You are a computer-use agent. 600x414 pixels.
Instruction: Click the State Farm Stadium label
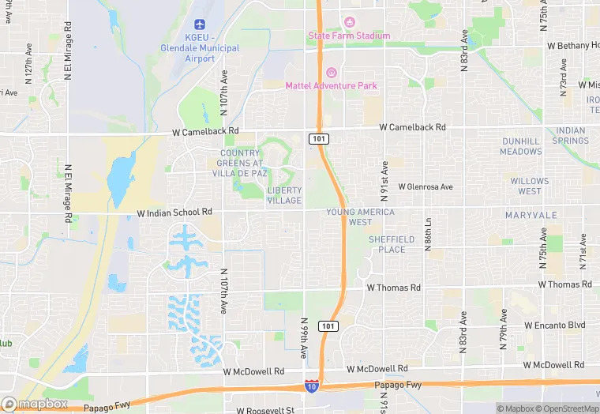(348, 36)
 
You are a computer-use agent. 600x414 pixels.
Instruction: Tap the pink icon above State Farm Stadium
(350, 21)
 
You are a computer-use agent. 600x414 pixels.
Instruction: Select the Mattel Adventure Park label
(331, 85)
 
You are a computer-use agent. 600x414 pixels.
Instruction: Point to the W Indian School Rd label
(174, 213)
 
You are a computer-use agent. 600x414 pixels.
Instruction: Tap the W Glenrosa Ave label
(426, 187)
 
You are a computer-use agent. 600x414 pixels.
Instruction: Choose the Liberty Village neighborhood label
(284, 195)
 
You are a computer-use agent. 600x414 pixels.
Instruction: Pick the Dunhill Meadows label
(521, 146)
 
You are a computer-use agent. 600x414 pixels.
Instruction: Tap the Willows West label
(530, 186)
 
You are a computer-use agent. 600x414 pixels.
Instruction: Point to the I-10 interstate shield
(312, 386)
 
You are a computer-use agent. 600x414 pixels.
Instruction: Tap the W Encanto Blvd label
(554, 325)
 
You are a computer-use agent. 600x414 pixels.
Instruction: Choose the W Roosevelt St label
(264, 410)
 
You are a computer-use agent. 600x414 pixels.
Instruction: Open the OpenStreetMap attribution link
(564, 408)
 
